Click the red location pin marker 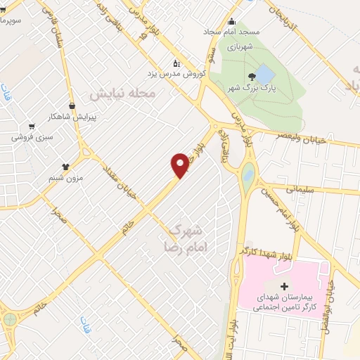pyautogui.click(x=180, y=165)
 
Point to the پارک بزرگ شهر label pyautogui.click(x=248, y=88)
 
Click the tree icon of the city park pyautogui.click(x=252, y=76)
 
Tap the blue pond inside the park pyautogui.click(x=264, y=73)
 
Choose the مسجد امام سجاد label pyautogui.click(x=254, y=32)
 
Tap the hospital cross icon pyautogui.click(x=284, y=286)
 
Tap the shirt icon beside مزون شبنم pyautogui.click(x=65, y=167)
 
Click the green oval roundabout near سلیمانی pyautogui.click(x=247, y=172)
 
